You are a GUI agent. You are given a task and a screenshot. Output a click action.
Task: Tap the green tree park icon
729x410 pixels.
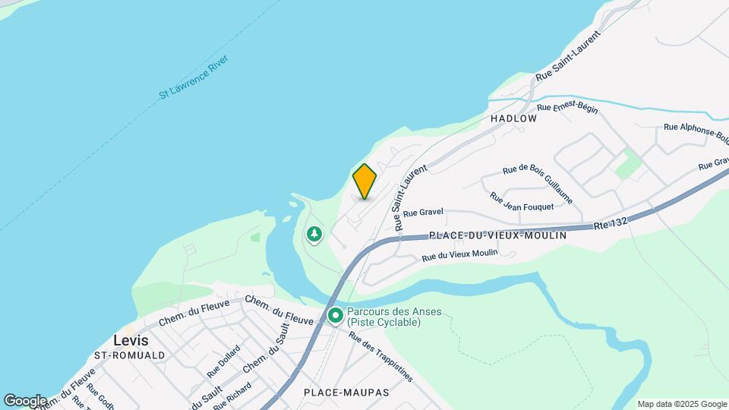314,235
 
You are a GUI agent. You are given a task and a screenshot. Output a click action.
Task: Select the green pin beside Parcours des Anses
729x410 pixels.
334,315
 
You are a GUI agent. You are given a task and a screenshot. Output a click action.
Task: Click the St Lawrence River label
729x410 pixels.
194,77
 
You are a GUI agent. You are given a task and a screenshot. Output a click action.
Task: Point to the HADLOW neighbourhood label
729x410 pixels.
513,118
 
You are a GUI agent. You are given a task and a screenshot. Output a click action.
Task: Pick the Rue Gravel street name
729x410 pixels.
422,214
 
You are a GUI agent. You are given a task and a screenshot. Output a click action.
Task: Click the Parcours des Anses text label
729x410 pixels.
383,317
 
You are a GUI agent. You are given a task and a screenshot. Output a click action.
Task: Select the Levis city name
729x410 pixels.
131,340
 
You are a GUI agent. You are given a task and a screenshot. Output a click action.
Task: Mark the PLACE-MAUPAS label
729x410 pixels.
346,393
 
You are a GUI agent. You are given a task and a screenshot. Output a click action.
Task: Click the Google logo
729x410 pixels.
25,401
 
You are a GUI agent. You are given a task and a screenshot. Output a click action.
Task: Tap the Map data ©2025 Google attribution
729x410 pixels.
681,404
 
